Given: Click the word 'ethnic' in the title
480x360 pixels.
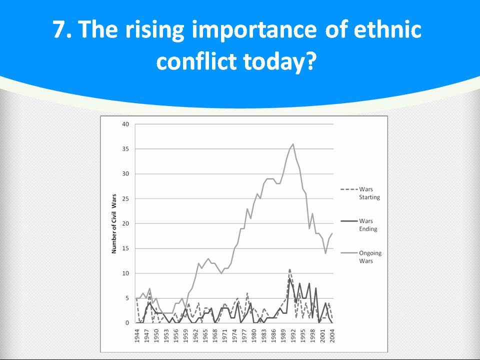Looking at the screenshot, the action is click(387, 29).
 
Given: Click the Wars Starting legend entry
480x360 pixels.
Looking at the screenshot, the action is click(360, 193).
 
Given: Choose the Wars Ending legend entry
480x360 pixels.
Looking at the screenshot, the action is click(359, 225).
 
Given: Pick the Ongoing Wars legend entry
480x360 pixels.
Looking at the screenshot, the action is click(361, 257).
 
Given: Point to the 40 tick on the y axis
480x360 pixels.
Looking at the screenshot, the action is click(126, 124).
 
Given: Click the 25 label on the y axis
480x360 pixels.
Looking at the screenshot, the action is click(126, 198).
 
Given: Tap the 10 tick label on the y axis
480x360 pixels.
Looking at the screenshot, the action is click(126, 273).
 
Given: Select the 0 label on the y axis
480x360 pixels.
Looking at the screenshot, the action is click(127, 323).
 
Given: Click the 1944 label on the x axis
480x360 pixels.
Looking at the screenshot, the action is click(137, 336).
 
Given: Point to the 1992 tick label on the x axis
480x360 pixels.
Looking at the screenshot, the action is click(293, 336).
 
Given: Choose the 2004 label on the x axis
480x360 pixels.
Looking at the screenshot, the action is click(332, 336).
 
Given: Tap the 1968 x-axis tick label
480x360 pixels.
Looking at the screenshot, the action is click(215, 336).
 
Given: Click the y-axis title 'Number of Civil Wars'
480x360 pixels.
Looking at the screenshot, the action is click(114, 224).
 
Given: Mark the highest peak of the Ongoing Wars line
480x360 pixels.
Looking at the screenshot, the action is click(293, 144).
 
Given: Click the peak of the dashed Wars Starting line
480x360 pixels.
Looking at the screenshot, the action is click(290, 269).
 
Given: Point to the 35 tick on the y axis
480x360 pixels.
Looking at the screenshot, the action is click(126, 149).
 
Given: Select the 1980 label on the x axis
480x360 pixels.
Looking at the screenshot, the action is click(254, 336).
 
